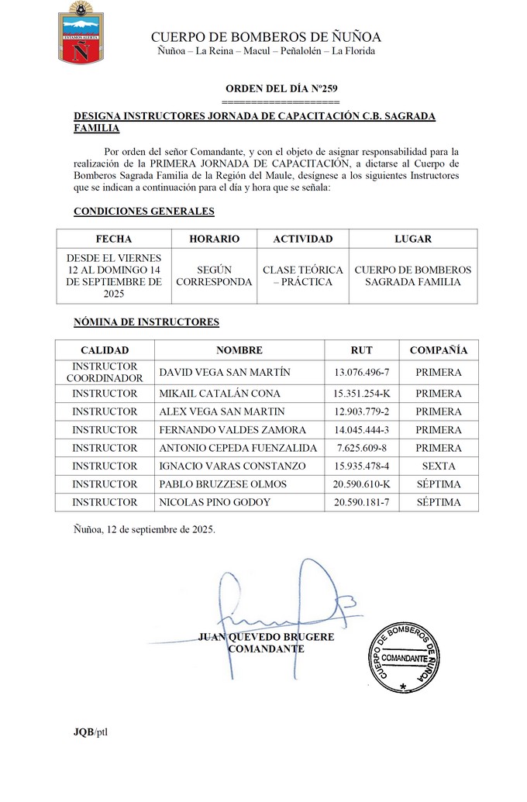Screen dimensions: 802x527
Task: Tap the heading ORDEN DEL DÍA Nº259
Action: pos(281,89)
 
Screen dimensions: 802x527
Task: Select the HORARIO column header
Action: pos(214,239)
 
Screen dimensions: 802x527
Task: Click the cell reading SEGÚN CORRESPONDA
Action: pos(214,276)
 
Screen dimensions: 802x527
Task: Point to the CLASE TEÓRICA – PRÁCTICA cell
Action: pos(302,276)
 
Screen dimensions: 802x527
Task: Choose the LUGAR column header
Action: pos(412,239)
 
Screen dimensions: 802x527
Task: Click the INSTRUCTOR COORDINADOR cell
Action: pos(105,372)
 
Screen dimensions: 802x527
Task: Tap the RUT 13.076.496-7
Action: pos(361,372)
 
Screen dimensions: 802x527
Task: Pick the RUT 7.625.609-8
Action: pos(361,448)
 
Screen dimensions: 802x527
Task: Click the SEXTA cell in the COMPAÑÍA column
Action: pos(438,466)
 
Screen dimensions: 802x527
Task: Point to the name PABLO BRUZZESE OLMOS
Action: pos(222,484)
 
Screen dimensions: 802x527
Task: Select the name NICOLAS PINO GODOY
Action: pos(215,503)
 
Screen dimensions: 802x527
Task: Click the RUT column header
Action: pos(361,350)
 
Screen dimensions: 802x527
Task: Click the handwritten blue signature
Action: pos(287,604)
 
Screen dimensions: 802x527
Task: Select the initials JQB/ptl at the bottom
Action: pos(91,732)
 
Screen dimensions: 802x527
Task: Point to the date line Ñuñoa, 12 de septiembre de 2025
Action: pos(144,529)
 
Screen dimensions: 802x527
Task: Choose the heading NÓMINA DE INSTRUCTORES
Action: pos(146,322)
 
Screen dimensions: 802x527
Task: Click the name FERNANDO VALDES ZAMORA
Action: pos(232,429)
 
